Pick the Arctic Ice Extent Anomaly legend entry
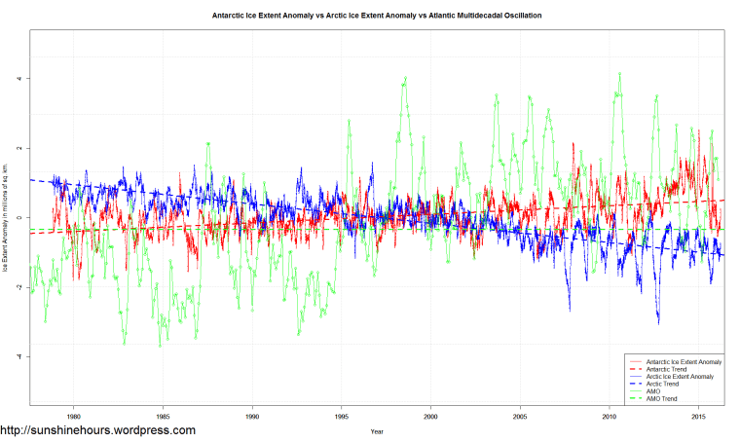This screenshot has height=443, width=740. (684, 376)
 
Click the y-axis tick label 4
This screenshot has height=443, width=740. (18, 79)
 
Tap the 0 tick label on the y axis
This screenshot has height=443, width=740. (18, 218)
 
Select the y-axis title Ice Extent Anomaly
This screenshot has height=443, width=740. (6, 218)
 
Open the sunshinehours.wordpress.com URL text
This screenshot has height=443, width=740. (97, 430)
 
